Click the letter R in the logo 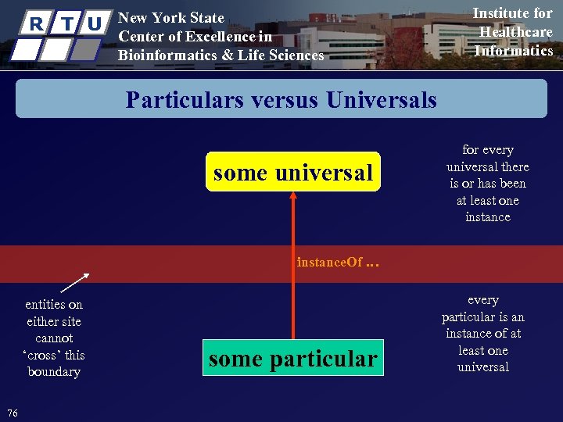[x=34, y=24]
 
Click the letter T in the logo [x=68, y=24]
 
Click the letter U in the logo [x=95, y=24]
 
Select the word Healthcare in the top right [x=515, y=32]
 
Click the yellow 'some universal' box [x=292, y=172]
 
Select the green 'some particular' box [x=292, y=358]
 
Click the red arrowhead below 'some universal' [x=293, y=198]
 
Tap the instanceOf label [x=329, y=263]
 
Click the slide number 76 [x=12, y=413]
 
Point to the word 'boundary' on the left [x=53, y=372]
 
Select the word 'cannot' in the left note [x=54, y=338]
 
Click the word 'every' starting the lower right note [x=483, y=300]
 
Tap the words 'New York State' [x=170, y=18]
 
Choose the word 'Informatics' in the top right [x=514, y=51]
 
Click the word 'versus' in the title [x=285, y=100]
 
